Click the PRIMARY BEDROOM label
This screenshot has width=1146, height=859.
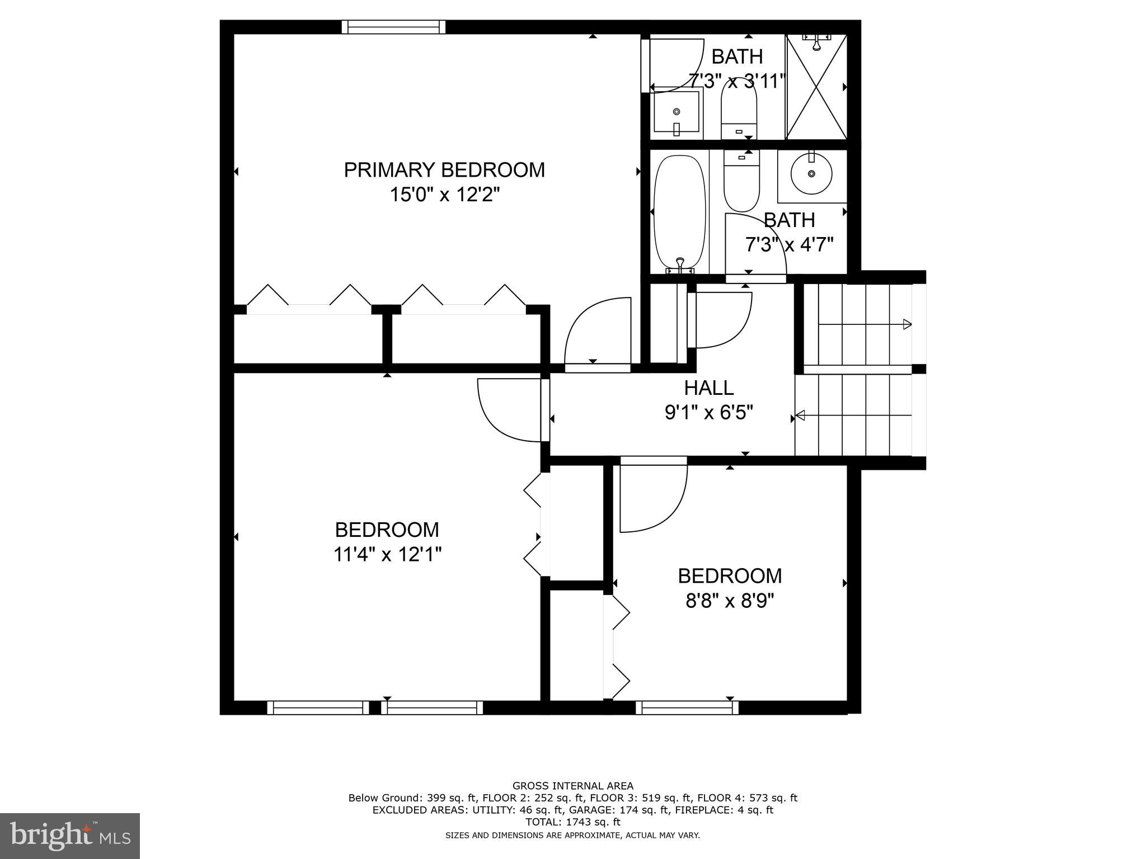pos(444,170)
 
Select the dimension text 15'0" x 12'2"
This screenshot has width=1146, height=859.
pos(444,195)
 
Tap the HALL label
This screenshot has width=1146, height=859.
pos(708,388)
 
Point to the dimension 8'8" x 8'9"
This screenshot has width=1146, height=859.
pos(729,601)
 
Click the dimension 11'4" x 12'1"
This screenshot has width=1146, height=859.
pos(387,554)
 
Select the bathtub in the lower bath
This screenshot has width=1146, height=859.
pos(679,213)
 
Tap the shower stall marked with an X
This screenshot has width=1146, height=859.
pos(816,87)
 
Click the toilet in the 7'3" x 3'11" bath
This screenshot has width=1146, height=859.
pos(739,109)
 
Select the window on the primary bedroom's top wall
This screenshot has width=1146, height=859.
pos(393,27)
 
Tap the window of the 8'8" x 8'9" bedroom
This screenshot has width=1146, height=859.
pos(687,708)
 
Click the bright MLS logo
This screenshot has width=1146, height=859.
pos(69,836)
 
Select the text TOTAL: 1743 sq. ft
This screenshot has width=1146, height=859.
pos(572,822)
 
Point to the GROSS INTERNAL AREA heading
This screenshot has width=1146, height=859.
pos(572,786)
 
